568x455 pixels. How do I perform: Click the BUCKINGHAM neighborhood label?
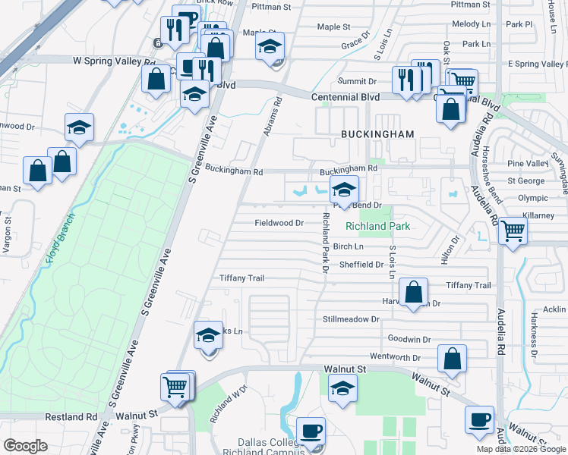click(x=377, y=134)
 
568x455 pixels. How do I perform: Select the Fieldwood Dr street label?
click(x=279, y=223)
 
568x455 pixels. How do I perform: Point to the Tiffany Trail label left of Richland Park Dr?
click(x=241, y=278)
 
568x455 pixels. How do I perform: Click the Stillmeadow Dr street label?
click(x=350, y=319)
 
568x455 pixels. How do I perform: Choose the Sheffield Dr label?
click(x=361, y=265)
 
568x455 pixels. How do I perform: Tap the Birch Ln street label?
click(x=348, y=246)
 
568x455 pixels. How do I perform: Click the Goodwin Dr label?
click(x=409, y=340)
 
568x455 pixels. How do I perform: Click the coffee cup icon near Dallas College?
click(x=311, y=431)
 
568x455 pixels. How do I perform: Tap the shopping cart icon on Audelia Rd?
click(x=513, y=230)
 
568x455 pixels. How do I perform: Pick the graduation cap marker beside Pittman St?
click(x=270, y=47)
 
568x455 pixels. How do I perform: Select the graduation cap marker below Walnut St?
click(x=342, y=388)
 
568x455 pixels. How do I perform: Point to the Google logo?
click(x=25, y=446)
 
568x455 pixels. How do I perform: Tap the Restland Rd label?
click(x=71, y=416)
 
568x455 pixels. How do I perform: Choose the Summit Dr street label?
click(x=361, y=81)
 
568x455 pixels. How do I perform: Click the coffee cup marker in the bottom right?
click(x=479, y=421)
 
